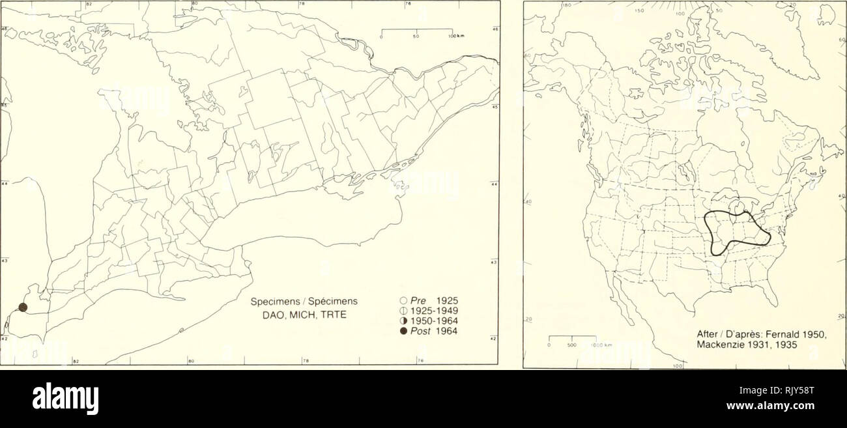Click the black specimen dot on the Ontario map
pyautogui.click(x=23, y=307)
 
